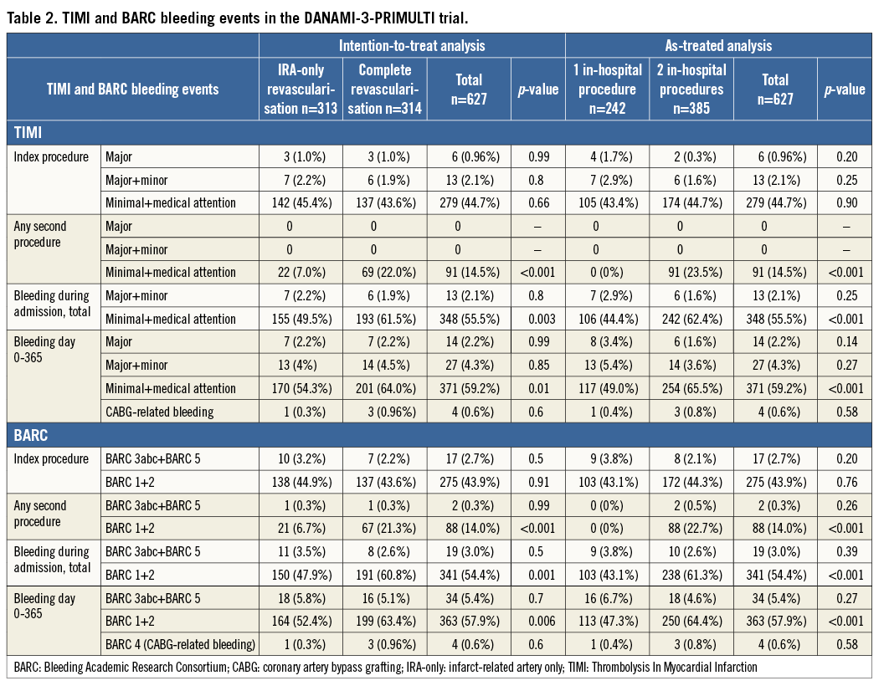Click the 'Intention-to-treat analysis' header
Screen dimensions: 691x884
click(411, 46)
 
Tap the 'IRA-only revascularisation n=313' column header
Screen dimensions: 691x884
click(301, 90)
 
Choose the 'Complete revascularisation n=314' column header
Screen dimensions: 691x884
click(385, 90)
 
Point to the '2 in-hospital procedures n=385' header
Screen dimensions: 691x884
click(691, 90)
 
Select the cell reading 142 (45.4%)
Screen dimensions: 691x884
click(301, 202)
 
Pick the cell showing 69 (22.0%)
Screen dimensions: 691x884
click(385, 272)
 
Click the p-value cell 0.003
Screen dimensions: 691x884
click(538, 319)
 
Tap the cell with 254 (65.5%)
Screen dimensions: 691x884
click(691, 388)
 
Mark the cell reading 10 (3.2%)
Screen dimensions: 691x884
click(301, 458)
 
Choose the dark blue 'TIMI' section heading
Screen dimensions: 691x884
click(30, 132)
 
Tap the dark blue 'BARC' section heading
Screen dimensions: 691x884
click(33, 435)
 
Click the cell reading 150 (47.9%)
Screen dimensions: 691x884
click(301, 575)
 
